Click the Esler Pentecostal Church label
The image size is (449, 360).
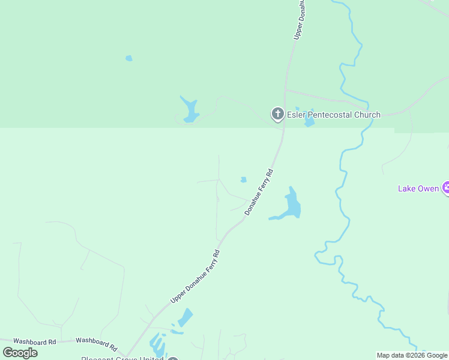tap(333, 115)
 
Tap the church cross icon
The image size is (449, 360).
tap(277, 113)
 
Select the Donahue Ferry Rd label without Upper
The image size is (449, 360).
tap(259, 193)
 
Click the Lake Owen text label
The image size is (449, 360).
tap(418, 188)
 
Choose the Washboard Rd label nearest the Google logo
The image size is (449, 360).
tap(34, 341)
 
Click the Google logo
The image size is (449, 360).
tap(20, 353)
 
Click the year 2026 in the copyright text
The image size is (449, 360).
tap(415, 355)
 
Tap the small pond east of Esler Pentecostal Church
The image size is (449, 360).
tap(309, 121)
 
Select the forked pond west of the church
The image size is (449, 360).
tap(190, 110)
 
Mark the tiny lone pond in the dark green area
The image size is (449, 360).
tap(128, 58)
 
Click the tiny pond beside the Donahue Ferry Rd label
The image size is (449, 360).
tap(243, 179)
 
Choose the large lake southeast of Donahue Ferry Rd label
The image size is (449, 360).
tap(292, 206)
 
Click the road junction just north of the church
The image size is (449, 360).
tap(286, 91)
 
